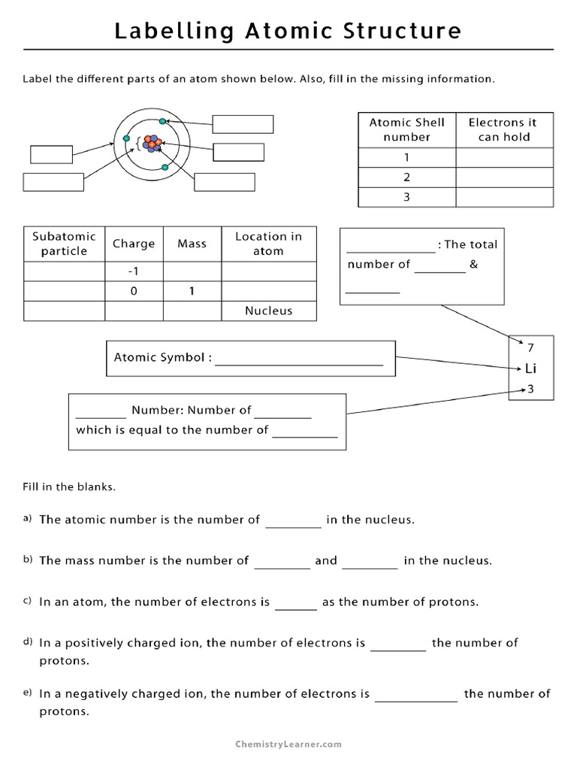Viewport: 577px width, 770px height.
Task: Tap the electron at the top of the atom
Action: pyautogui.click(x=163, y=121)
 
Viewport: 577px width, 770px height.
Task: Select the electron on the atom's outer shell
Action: pyautogui.click(x=116, y=138)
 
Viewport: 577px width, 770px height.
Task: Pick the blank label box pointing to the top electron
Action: pyautogui.click(x=243, y=124)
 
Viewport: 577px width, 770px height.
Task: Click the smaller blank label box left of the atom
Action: pyautogui.click(x=52, y=153)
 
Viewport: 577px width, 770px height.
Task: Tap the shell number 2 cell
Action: pyautogui.click(x=406, y=177)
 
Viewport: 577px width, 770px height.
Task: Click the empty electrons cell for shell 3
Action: pyautogui.click(x=504, y=197)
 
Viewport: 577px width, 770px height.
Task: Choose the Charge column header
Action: pyautogui.click(x=134, y=244)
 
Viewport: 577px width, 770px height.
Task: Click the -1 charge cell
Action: pyautogui.click(x=134, y=271)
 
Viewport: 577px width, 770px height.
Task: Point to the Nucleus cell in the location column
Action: pyautogui.click(x=268, y=311)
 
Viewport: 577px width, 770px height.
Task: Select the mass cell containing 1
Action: pyautogui.click(x=192, y=291)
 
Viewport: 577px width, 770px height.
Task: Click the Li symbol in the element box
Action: pyautogui.click(x=530, y=368)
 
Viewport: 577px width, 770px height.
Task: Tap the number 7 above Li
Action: pyautogui.click(x=530, y=348)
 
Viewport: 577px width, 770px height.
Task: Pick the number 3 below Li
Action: pyautogui.click(x=530, y=389)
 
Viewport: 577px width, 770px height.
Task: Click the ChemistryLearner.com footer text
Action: pyautogui.click(x=288, y=744)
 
